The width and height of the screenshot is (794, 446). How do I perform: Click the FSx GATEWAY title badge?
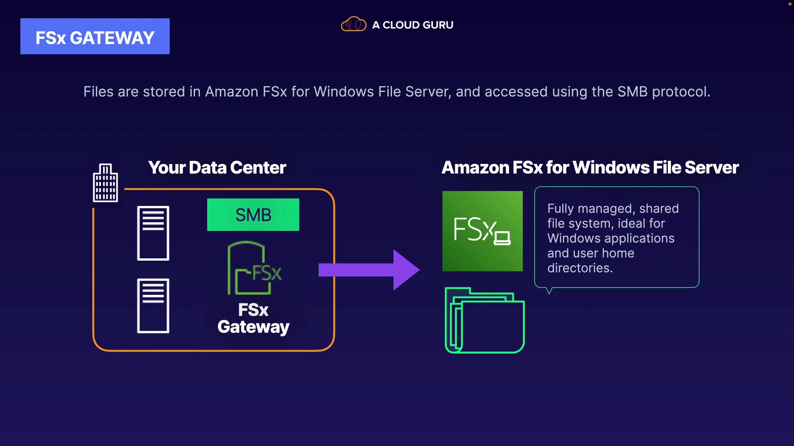tap(95, 36)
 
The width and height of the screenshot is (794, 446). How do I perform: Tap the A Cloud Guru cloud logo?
tap(354, 24)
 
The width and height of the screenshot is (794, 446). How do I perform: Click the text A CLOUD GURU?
tap(413, 25)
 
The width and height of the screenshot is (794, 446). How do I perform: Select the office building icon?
tap(105, 183)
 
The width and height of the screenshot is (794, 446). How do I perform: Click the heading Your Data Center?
tap(217, 168)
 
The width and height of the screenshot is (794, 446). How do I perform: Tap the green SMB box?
tap(253, 215)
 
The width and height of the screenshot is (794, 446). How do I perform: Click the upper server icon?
tap(153, 233)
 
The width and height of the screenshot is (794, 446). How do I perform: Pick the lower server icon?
tap(153, 306)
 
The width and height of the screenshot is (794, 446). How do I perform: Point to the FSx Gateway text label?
tap(254, 318)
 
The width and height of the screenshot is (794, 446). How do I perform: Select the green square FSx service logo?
tap(483, 231)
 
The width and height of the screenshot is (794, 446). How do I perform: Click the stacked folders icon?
tap(485, 320)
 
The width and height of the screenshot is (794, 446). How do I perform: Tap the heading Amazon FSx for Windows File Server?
tap(590, 168)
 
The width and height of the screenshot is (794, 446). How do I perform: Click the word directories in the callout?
tap(580, 268)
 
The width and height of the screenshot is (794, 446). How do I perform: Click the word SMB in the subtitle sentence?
tap(632, 92)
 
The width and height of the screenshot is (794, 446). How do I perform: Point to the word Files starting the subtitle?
tap(98, 92)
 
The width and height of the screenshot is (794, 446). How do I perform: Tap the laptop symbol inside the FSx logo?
tap(502, 238)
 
